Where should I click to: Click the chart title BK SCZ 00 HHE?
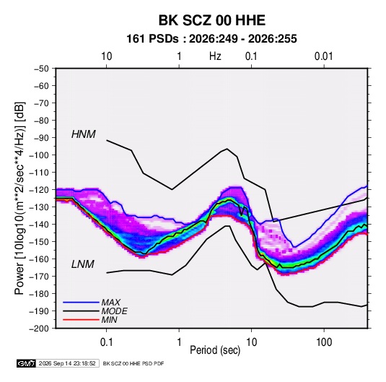(212, 20)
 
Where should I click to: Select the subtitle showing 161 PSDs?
(211, 39)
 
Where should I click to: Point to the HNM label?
(84, 134)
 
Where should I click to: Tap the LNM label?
(83, 264)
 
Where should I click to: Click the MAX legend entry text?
(111, 302)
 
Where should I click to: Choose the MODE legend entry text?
(115, 311)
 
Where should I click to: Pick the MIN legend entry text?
(109, 320)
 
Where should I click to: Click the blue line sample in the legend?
(81, 302)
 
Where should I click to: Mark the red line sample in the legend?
(81, 320)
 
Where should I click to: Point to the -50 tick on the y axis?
(41, 69)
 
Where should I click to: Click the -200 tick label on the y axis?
(39, 329)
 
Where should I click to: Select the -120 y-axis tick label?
(39, 190)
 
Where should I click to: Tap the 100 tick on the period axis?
(324, 342)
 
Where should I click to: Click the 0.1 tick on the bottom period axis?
(106, 342)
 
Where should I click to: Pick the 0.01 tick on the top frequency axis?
(324, 56)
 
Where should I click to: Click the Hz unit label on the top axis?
(215, 56)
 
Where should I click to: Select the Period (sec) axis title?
(215, 350)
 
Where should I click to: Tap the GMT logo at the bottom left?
(27, 363)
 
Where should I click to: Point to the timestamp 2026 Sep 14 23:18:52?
(67, 363)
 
